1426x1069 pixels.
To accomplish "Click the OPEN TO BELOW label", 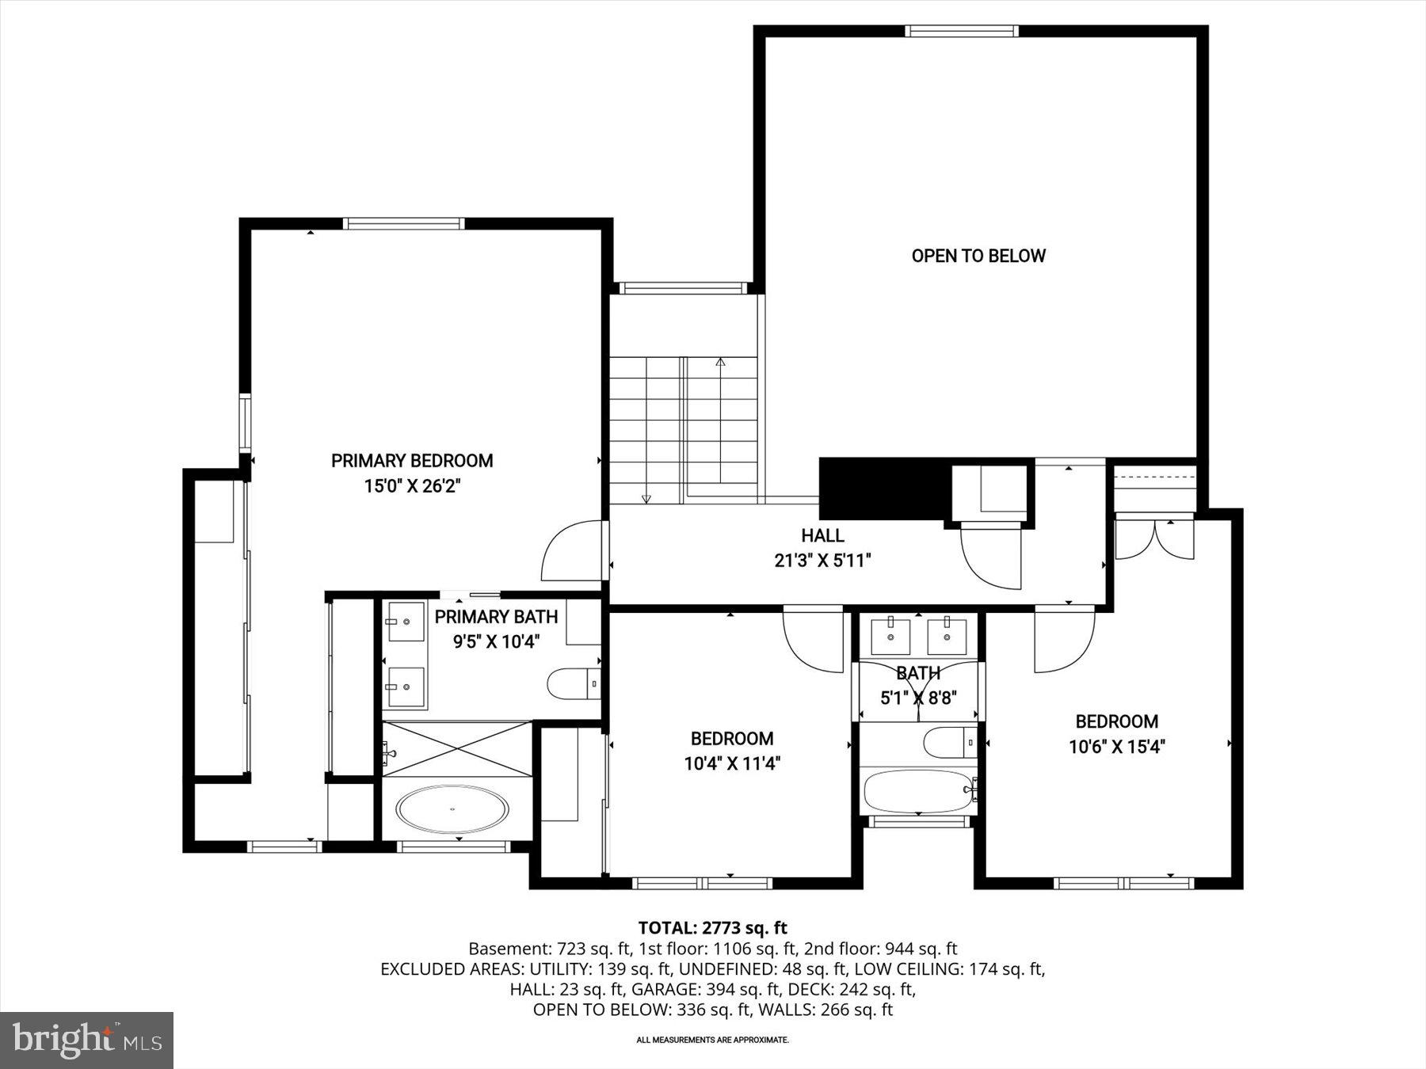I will [x=978, y=256].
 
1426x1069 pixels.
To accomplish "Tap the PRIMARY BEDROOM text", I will [x=412, y=461].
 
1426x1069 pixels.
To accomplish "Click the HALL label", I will [x=822, y=535].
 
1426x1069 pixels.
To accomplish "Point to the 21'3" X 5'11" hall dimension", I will [x=822, y=561].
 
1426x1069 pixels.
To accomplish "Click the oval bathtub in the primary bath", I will [x=453, y=809].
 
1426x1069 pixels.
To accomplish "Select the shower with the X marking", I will [x=456, y=748].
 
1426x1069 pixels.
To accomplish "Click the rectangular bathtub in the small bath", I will [x=917, y=791].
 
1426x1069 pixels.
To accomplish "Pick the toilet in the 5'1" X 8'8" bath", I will [x=948, y=742].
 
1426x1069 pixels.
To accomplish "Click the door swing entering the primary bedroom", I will [x=570, y=551].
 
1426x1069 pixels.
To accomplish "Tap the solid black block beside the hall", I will [x=883, y=489].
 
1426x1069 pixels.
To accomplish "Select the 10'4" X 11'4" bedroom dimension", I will [x=732, y=763].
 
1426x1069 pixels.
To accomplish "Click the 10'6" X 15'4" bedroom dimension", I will [x=1116, y=746].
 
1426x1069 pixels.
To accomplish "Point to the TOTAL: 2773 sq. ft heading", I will [x=712, y=927].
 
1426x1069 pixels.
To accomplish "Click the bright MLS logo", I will [x=86, y=1040].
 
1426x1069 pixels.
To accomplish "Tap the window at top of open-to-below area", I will [x=961, y=31].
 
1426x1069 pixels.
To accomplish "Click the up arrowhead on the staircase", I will [x=720, y=362].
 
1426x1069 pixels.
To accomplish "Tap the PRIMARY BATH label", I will [x=496, y=617].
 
